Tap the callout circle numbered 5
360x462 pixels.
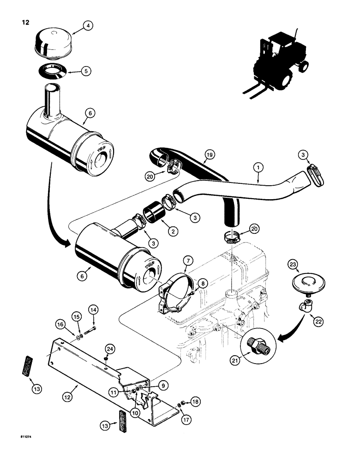(86, 71)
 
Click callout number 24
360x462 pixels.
(109, 348)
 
